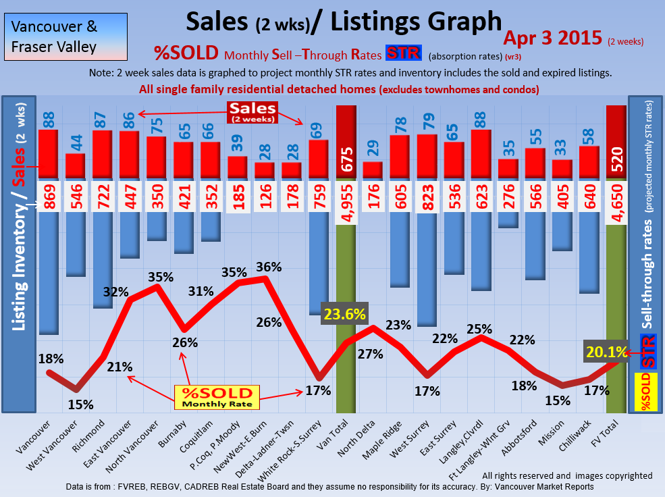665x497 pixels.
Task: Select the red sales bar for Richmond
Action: (102, 155)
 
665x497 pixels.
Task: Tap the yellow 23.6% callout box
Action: (345, 314)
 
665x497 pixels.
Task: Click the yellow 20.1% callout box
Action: (605, 352)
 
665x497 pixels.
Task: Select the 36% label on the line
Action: (269, 267)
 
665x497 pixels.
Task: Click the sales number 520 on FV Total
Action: (616, 159)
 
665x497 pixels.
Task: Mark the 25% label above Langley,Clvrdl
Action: (479, 329)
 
